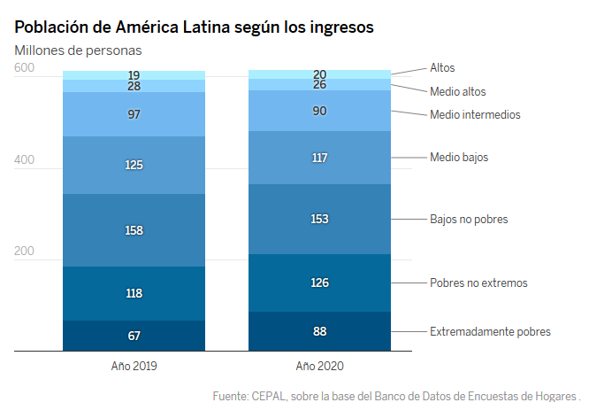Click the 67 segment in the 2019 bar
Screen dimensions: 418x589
pos(134,336)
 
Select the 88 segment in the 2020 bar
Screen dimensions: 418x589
pos(319,331)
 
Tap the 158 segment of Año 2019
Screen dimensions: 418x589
pos(134,230)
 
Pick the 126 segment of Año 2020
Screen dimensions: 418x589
pos(319,283)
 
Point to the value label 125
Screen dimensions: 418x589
pos(134,165)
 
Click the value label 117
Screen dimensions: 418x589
pos(319,158)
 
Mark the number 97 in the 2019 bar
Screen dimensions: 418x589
pos(134,115)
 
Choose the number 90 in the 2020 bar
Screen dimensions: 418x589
pos(319,112)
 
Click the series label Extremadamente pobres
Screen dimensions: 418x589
pos(490,331)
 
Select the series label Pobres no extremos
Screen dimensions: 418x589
pos(478,283)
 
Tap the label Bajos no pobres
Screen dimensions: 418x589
pos(469,218)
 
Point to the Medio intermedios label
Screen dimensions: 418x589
pos(475,114)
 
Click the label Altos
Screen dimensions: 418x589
pos(442,67)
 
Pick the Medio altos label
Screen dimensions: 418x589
pos(457,91)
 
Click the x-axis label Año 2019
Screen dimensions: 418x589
pos(134,365)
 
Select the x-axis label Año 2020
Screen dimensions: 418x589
pos(319,365)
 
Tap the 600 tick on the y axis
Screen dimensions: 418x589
pos(24,68)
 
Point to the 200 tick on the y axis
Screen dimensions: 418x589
pos(24,252)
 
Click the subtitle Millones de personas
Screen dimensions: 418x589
pos(78,50)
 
